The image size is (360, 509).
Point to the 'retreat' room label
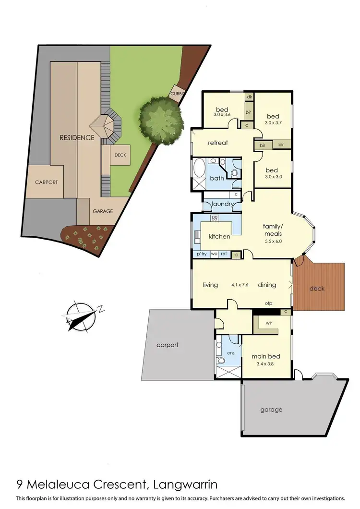pos(217,143)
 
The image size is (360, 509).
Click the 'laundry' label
pos(222,204)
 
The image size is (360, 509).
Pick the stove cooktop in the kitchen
pos(215,218)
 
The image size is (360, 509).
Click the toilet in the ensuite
pos(221,360)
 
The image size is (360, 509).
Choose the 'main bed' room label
pos(266,356)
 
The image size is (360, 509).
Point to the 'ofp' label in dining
pos(269,303)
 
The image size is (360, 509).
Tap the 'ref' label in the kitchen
pos(223,254)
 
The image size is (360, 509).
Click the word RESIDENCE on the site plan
pos(77,138)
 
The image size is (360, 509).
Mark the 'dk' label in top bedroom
pos(249,97)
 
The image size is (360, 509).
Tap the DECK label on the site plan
pos(120,155)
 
